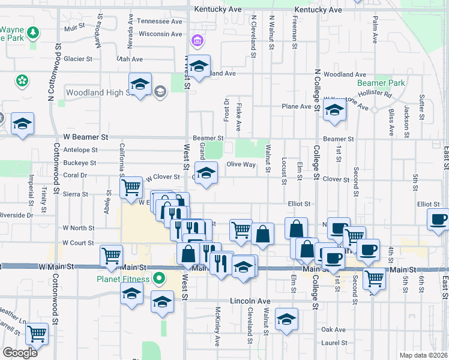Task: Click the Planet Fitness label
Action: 122,278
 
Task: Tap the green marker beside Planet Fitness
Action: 159,278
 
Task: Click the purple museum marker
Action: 196,41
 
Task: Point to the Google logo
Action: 20,352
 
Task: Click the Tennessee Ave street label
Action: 159,21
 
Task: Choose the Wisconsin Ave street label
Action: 160,34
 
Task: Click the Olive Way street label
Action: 241,164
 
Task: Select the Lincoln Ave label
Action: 250,301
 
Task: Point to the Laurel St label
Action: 333,343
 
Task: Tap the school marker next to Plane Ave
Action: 334,110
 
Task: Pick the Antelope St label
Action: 80,150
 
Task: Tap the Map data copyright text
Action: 423,355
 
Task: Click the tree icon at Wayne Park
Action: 34,31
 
